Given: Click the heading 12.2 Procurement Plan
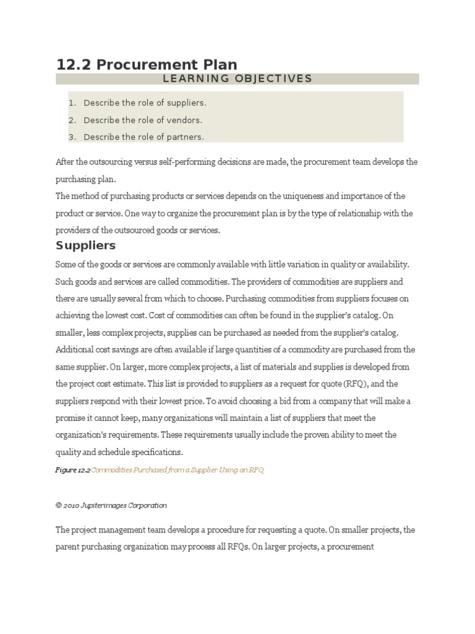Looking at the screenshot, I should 147,64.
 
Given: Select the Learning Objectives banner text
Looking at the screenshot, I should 237,79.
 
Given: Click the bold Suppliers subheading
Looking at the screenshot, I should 85,245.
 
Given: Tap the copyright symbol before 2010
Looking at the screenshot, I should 58,505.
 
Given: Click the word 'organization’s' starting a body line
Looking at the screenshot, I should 80,435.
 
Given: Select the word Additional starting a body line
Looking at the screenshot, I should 74,349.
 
